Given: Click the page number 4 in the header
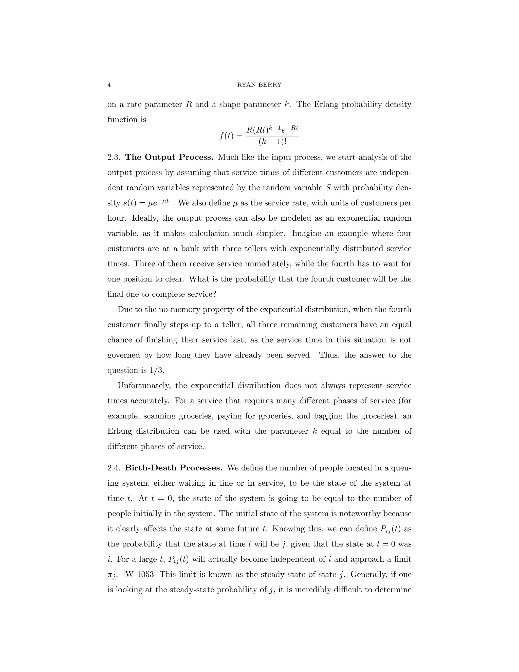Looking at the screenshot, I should (x=109, y=85).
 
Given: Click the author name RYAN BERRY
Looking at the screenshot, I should (x=259, y=85).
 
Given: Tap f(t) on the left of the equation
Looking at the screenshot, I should (x=227, y=136).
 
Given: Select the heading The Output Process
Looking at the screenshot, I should (x=169, y=157).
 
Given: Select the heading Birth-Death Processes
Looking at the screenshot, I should (x=173, y=468).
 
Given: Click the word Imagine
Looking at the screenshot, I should (x=305, y=233).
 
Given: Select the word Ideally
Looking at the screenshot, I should (x=144, y=218).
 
